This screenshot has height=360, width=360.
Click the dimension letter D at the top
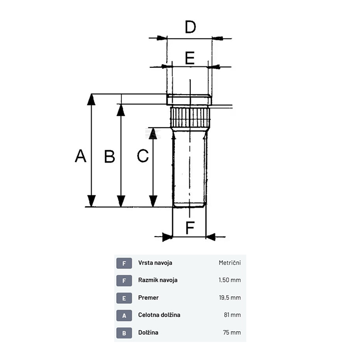(190, 27)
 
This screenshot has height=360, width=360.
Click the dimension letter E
(190, 58)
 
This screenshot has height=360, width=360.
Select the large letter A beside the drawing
(81, 156)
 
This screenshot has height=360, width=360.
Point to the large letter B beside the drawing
(110, 156)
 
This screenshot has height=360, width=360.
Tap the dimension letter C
(143, 156)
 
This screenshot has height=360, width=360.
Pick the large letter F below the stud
(190, 227)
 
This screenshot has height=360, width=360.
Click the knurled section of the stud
(190, 117)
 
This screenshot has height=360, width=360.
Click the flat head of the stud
(189, 99)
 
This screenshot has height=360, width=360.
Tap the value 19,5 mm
(230, 298)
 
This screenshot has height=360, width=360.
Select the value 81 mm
(232, 315)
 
